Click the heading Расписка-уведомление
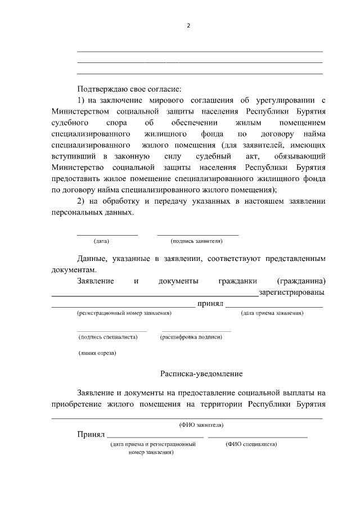pyautogui.click(x=201, y=373)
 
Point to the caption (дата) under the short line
pyautogui.click(x=101, y=241)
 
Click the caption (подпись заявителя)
pyautogui.click(x=197, y=241)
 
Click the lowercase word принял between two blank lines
pyautogui.click(x=210, y=304)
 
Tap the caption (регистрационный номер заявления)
pyautogui.click(x=124, y=313)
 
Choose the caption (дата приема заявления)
pyautogui.click(x=272, y=313)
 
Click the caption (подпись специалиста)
pyautogui.click(x=108, y=336)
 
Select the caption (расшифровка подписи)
pyautogui.click(x=191, y=336)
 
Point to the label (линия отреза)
pyautogui.click(x=97, y=353)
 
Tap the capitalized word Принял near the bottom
pyautogui.click(x=90, y=435)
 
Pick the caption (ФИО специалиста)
pyautogui.click(x=251, y=444)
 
